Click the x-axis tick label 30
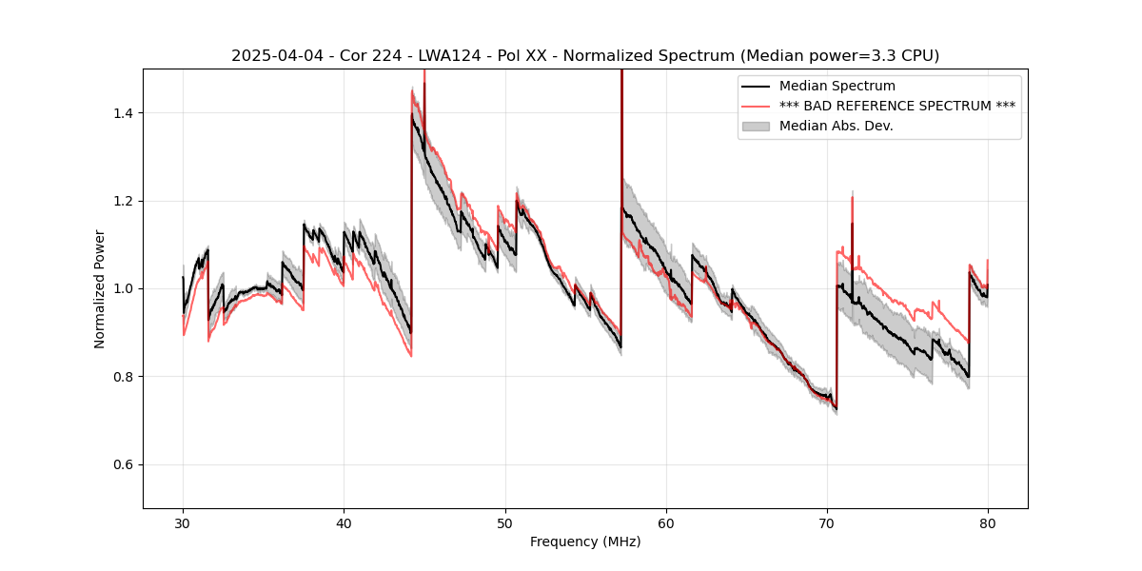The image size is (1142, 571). (184, 523)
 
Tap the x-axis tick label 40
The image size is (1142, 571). (345, 523)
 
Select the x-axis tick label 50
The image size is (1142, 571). (505, 523)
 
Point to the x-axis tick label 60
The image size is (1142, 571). (666, 523)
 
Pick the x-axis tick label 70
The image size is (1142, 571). (827, 523)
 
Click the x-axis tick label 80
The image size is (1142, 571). (988, 523)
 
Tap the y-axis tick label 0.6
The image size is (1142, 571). (124, 464)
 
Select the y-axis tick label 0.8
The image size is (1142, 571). (124, 377)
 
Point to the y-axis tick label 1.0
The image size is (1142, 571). (124, 288)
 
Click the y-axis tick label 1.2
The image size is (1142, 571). (124, 201)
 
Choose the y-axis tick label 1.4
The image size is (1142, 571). (124, 113)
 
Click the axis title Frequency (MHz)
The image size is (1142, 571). (585, 541)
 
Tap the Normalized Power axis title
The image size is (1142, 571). (100, 288)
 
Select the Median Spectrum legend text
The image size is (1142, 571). (837, 87)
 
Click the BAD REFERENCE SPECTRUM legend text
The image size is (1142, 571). (896, 106)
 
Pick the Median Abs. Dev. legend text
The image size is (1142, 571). (836, 126)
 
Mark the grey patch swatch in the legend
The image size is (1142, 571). (757, 126)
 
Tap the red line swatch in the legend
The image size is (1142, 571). (757, 106)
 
